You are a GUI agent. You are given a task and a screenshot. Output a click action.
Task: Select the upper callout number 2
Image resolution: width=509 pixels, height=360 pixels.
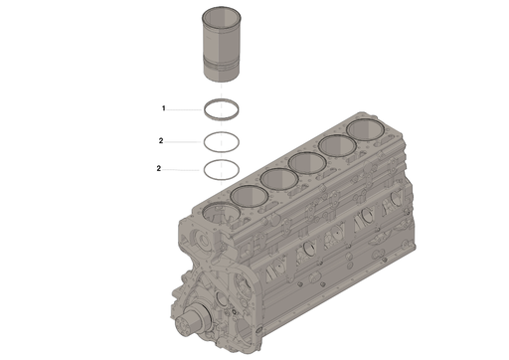(160, 141)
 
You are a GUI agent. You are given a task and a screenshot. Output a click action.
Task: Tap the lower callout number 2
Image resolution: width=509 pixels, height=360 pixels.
(159, 169)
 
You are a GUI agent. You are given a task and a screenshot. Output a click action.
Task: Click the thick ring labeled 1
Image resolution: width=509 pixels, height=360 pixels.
(227, 109)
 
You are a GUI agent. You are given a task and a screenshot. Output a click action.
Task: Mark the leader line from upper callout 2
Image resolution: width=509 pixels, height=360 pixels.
(184, 141)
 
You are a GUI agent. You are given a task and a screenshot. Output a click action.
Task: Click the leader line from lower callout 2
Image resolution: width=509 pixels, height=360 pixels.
(184, 169)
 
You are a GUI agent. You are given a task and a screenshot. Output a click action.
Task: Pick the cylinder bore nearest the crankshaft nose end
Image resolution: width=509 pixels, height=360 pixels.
(220, 213)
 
